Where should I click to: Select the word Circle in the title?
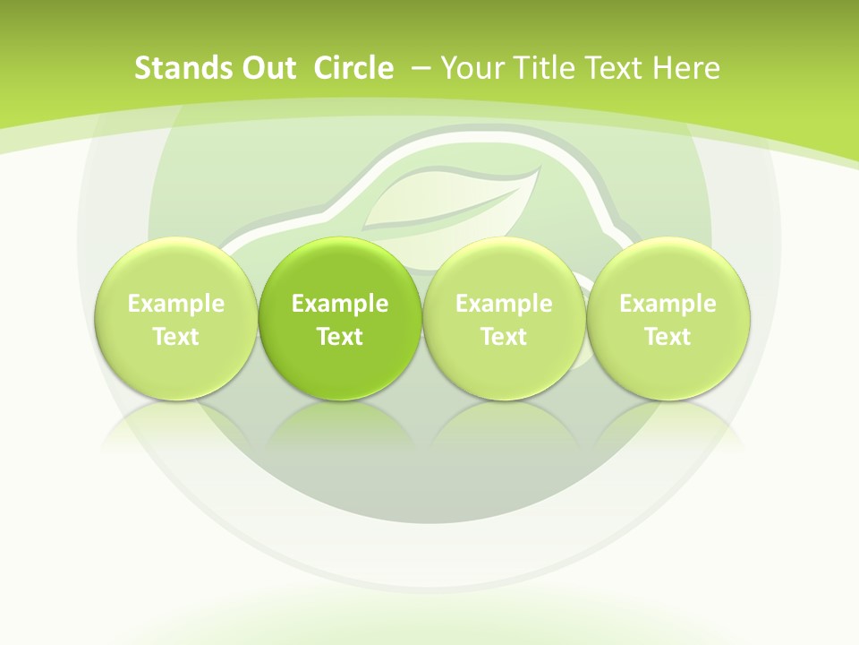coord(353,68)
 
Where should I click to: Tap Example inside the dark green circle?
coord(340,304)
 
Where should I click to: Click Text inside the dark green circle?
coord(340,337)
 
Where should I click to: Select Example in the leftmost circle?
coord(176,304)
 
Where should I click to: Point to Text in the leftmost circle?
coord(176,337)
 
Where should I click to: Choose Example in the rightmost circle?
coord(668,304)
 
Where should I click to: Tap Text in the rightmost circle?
coord(668,337)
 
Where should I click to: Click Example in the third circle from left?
coord(504,304)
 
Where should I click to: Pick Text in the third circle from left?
coord(504,337)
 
